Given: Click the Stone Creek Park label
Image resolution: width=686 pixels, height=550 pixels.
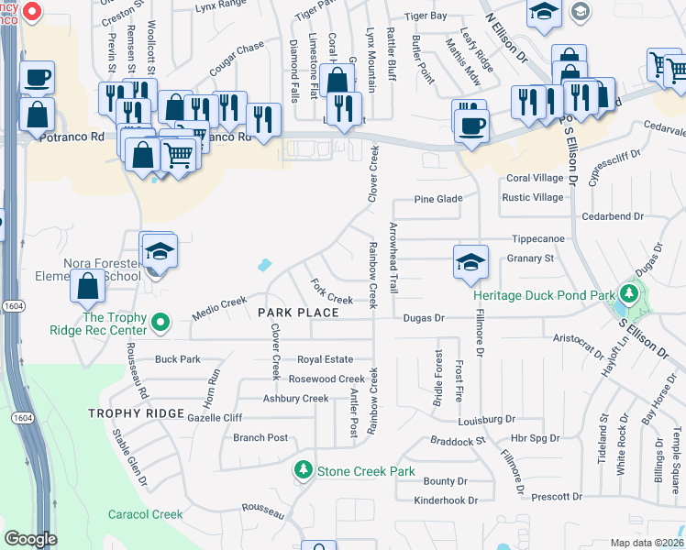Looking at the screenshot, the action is click(x=366, y=471).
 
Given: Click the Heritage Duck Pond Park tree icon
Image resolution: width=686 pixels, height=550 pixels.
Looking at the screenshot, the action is click(x=628, y=294).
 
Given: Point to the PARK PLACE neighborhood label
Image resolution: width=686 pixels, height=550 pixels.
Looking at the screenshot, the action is click(x=298, y=313).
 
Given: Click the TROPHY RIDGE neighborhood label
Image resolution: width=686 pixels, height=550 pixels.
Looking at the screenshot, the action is click(x=137, y=413).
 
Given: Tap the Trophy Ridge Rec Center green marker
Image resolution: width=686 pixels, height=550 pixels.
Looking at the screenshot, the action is click(x=160, y=323).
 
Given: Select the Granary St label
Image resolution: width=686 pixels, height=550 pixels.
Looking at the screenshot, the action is click(x=531, y=258).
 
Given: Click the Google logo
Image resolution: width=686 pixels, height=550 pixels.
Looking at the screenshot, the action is click(x=30, y=539).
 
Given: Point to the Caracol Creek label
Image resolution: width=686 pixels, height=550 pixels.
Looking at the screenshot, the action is click(x=146, y=514).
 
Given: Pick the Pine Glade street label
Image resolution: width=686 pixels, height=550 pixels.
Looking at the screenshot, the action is click(x=437, y=199).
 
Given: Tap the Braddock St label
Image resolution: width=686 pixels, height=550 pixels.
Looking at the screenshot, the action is click(x=458, y=441).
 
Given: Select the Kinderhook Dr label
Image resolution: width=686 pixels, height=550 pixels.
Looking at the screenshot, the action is click(x=441, y=500).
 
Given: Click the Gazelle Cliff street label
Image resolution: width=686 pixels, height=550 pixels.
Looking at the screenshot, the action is click(x=214, y=417).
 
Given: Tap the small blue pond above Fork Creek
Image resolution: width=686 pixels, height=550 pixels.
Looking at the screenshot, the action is click(x=265, y=266).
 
